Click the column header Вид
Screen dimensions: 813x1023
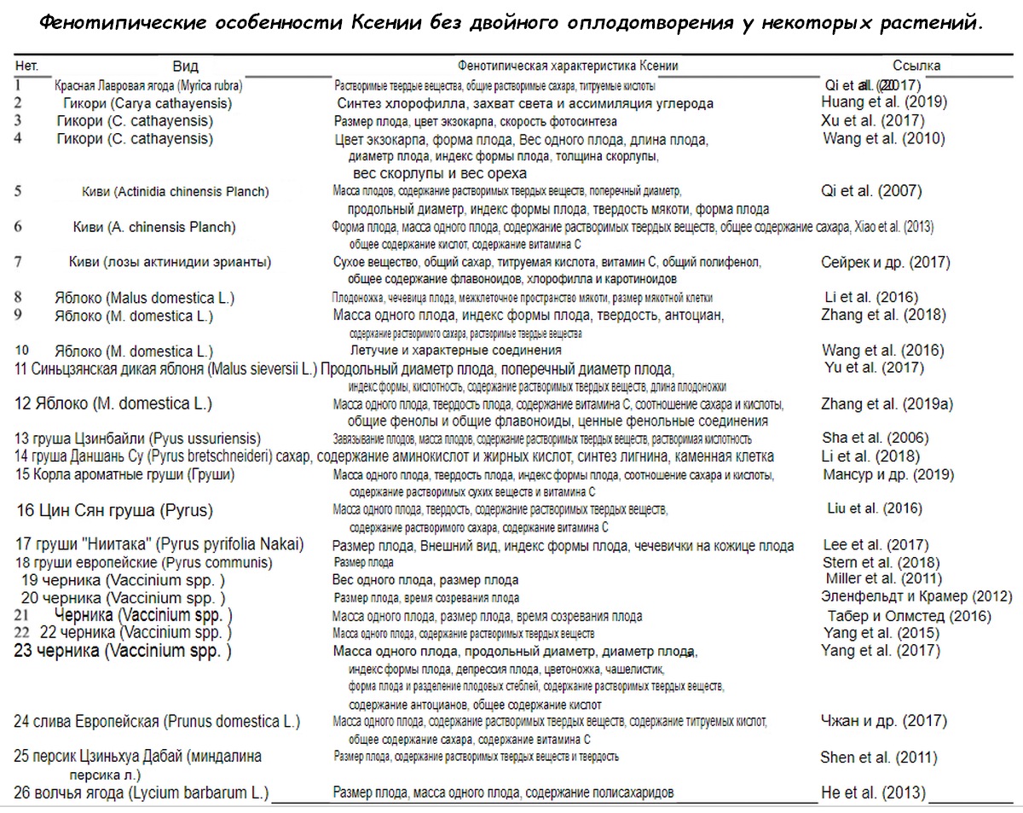coord(185,67)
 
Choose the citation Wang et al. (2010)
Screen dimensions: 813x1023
coord(883,138)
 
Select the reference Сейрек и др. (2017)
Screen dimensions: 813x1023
coord(885,262)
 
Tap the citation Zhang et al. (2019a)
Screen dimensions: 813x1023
coord(886,404)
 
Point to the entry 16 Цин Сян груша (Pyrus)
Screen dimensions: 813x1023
coord(114,510)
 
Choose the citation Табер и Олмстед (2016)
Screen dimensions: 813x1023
coord(909,616)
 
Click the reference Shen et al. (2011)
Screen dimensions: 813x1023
coord(878,757)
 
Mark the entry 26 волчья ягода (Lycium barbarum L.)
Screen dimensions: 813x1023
coord(142,793)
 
